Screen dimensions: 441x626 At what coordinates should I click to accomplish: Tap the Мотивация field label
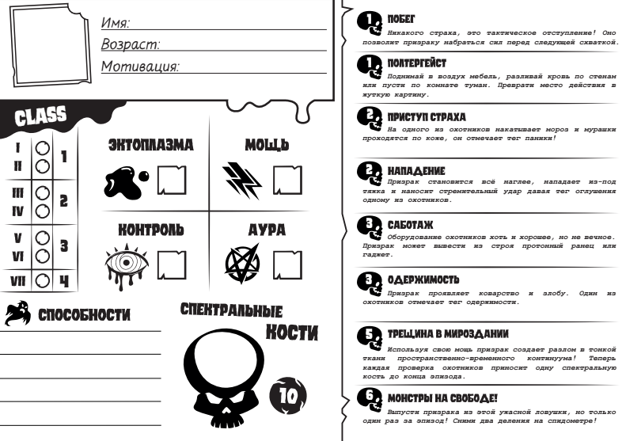[138, 66]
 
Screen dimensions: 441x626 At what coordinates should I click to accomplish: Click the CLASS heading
[44, 118]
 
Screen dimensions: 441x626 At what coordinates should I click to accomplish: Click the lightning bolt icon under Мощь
[241, 180]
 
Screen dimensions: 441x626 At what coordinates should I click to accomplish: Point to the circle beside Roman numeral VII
[42, 279]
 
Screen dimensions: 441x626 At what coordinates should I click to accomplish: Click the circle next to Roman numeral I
[42, 148]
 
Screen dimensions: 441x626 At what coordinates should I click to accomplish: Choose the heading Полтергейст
[416, 61]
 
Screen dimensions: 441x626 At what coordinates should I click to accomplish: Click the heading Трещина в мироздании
[442, 334]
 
